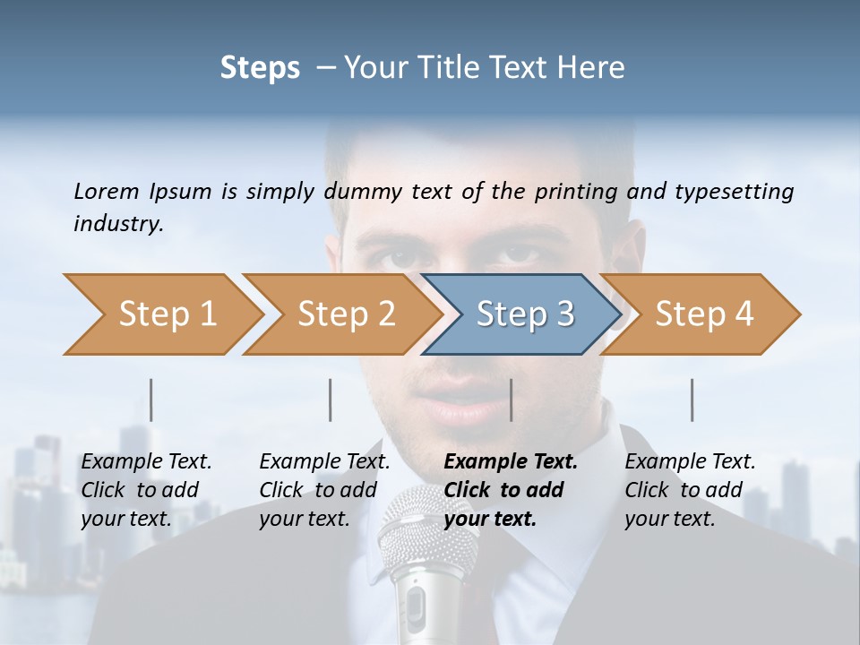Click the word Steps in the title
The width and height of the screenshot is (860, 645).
pyautogui.click(x=260, y=68)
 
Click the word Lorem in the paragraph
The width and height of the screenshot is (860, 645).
pyautogui.click(x=106, y=192)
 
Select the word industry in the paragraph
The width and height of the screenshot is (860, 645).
pyautogui.click(x=117, y=224)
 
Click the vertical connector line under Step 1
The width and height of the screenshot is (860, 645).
pyautogui.click(x=151, y=400)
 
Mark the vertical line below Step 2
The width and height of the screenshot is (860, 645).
pyautogui.click(x=331, y=400)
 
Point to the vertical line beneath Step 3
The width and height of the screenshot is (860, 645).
pyautogui.click(x=512, y=400)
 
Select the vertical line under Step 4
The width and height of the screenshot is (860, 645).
pyautogui.click(x=692, y=400)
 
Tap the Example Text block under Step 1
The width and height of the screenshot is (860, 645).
pyautogui.click(x=146, y=490)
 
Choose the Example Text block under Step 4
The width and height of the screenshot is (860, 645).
pyautogui.click(x=690, y=490)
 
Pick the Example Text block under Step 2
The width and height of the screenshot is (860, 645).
pyautogui.click(x=324, y=490)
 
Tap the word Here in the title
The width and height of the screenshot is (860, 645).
pyautogui.click(x=593, y=68)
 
